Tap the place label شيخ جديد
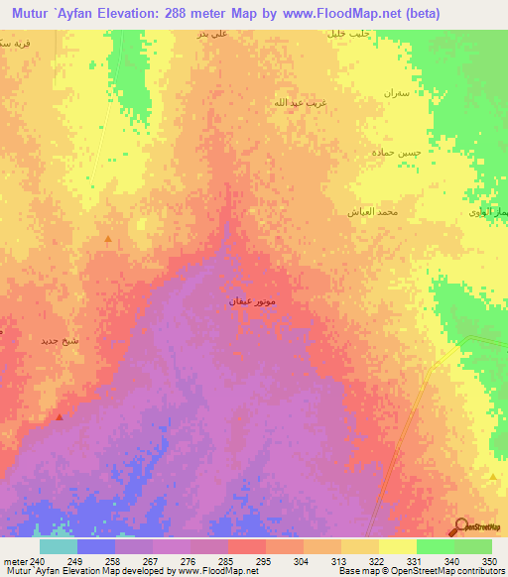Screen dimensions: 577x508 (x=58, y=341)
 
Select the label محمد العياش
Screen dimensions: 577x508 (x=373, y=211)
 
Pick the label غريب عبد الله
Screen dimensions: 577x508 (x=299, y=102)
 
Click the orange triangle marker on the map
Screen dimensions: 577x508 (x=108, y=239)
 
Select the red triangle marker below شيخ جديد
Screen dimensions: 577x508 (x=60, y=417)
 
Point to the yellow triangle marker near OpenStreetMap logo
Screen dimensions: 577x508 (x=493, y=477)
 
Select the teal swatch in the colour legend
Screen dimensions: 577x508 (x=58, y=545)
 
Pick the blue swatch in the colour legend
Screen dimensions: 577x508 (x=95, y=545)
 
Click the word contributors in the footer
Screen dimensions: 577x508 (x=476, y=571)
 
